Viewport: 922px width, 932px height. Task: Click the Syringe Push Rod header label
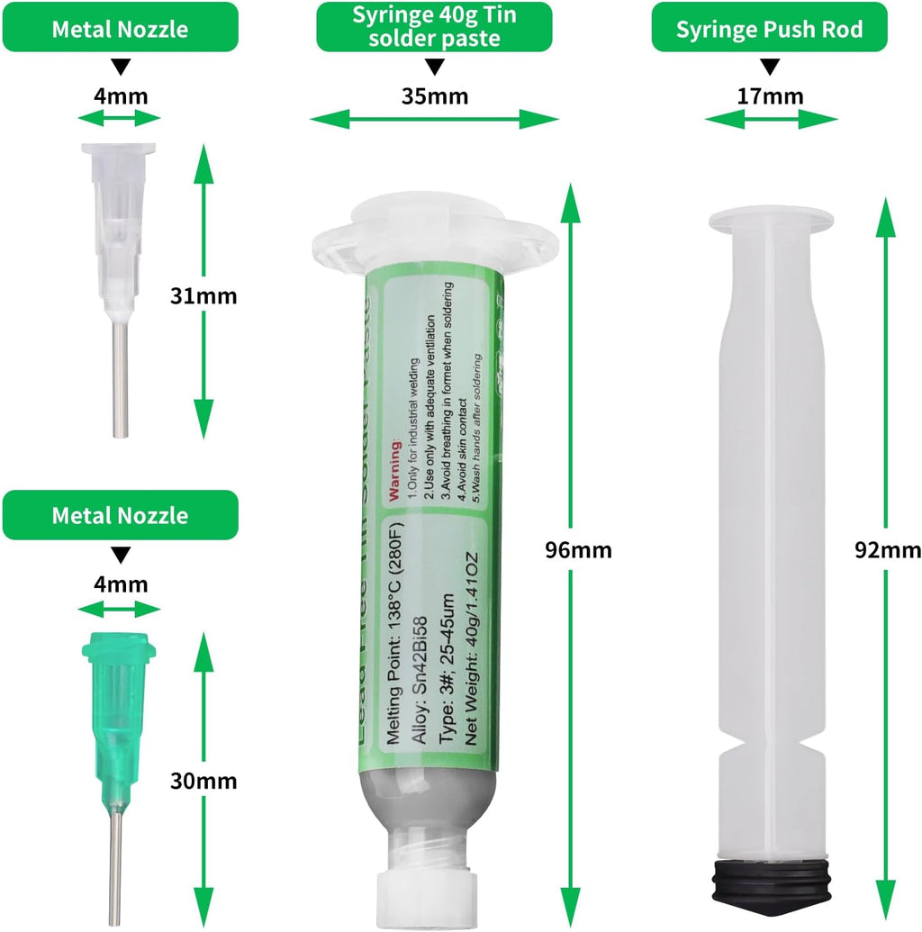[x=770, y=29]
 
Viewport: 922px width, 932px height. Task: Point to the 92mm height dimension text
[x=888, y=549]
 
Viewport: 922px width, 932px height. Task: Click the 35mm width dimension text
[x=434, y=96]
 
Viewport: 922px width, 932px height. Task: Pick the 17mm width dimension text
[x=770, y=96]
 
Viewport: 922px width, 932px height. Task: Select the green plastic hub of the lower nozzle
[x=117, y=702]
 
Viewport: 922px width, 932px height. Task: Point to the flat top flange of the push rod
[x=770, y=218]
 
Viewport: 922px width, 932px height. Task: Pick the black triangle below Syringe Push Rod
[x=770, y=68]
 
